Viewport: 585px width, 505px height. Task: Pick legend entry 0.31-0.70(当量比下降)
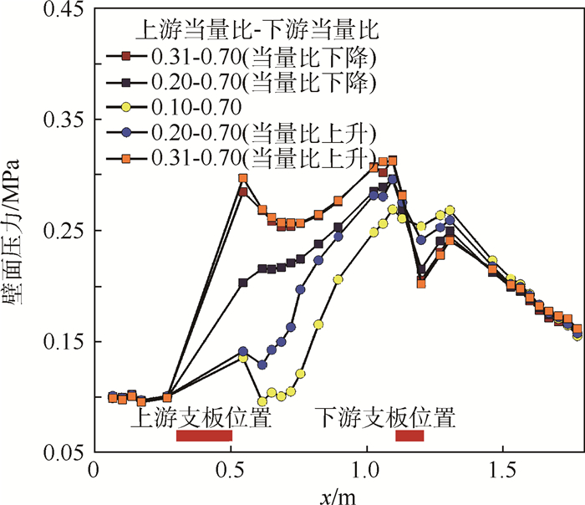[260, 57]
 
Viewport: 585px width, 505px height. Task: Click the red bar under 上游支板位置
[204, 436]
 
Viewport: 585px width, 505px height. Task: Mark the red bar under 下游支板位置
[409, 436]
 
